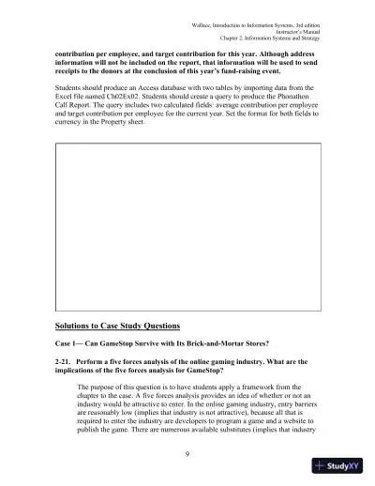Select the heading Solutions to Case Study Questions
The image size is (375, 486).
click(x=118, y=326)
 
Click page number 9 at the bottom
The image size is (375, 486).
click(x=187, y=456)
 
